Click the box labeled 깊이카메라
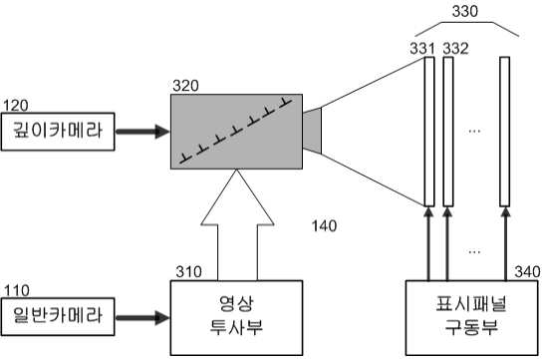point(58,132)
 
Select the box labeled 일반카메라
point(58,316)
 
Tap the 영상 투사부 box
point(236,317)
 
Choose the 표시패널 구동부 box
point(471,317)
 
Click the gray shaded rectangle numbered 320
point(236,132)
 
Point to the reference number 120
point(16,106)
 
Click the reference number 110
point(17,290)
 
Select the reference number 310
point(188,272)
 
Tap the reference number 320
point(185,86)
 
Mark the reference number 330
point(465,11)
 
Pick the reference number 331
point(422,49)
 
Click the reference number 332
point(456,49)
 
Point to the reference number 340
point(528,272)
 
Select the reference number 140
point(324,226)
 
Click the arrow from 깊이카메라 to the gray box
point(142,132)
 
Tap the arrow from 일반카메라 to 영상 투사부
point(142,318)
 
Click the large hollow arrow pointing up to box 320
point(237,224)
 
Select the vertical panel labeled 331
point(429,132)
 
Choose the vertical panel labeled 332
point(448,132)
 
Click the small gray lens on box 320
point(312,131)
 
